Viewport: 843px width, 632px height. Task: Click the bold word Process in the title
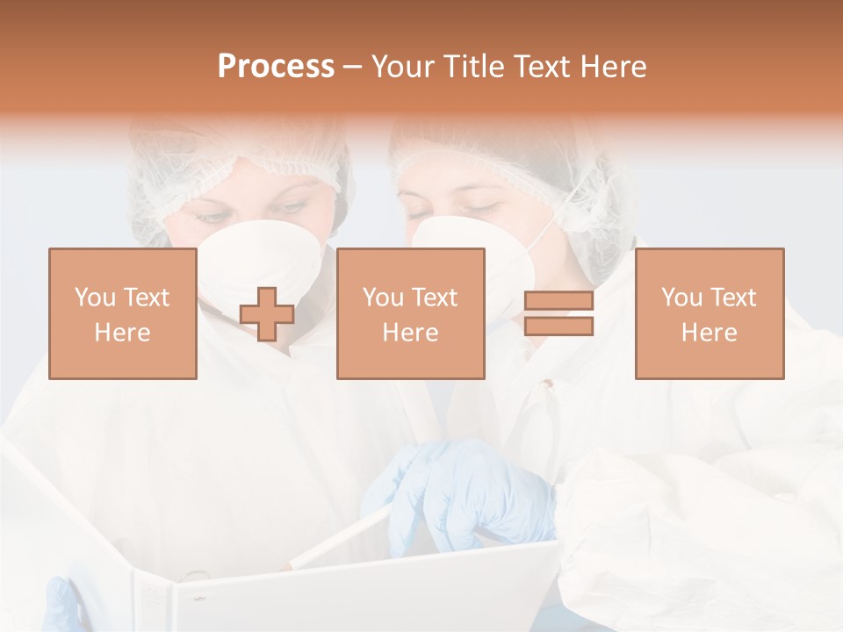(x=276, y=67)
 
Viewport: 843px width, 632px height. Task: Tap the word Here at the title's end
(x=611, y=67)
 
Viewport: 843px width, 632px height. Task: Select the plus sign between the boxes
(x=267, y=314)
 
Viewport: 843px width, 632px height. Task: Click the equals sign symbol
(x=558, y=314)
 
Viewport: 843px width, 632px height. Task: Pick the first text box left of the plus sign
(x=122, y=314)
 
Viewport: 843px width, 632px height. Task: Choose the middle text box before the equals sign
(x=410, y=314)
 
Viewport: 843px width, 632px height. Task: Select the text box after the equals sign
(x=709, y=314)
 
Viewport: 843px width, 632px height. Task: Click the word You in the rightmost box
(x=681, y=298)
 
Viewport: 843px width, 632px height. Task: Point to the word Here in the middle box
(x=410, y=333)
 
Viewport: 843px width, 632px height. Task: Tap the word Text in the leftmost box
(x=148, y=298)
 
